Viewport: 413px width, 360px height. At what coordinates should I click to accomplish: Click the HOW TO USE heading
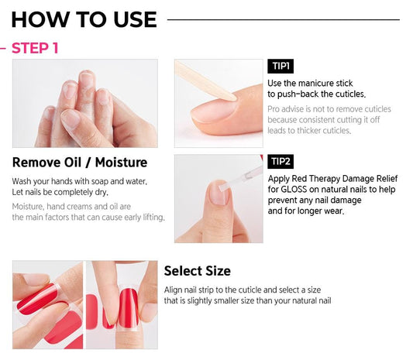84,19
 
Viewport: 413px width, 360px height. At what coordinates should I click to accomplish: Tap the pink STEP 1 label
34,48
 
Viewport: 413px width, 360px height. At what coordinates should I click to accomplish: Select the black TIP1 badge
280,67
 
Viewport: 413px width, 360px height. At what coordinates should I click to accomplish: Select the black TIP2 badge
280,162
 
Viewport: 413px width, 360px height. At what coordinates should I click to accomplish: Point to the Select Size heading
197,271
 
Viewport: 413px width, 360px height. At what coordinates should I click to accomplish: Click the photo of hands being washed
84,104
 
